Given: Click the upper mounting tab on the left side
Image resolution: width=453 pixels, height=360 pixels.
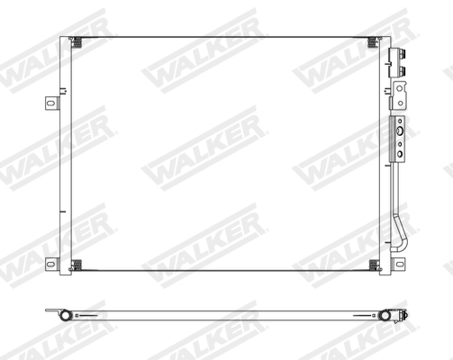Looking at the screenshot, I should pyautogui.click(x=50, y=102).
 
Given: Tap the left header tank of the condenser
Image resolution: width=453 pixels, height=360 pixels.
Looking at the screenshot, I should pyautogui.click(x=65, y=153).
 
